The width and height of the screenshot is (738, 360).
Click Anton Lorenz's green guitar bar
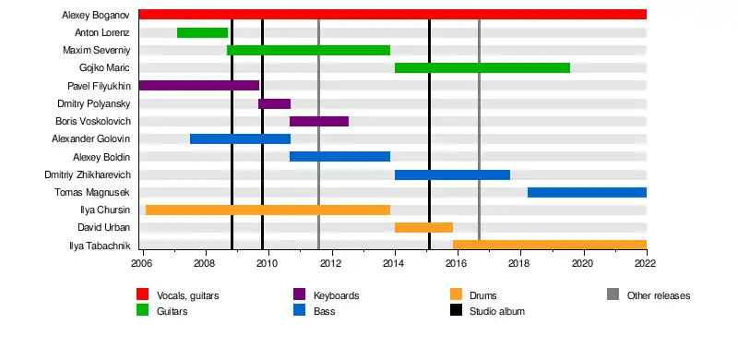[x=202, y=32]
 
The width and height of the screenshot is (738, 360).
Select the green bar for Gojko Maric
[x=482, y=68]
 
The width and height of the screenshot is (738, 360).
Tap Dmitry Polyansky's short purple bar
[x=274, y=103]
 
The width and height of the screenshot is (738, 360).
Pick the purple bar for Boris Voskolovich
[x=319, y=121]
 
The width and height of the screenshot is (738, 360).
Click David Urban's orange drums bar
[x=423, y=228]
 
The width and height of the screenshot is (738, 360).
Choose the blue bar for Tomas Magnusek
[x=587, y=192]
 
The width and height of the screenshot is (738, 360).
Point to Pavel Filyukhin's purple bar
[x=199, y=85]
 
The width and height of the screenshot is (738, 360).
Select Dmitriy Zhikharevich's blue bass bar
[x=452, y=174]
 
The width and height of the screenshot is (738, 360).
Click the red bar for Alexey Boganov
[x=393, y=15]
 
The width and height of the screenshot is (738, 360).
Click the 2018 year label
[x=520, y=263]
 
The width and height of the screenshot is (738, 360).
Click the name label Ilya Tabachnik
[x=100, y=245]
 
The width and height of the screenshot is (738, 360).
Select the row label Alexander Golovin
[x=91, y=139]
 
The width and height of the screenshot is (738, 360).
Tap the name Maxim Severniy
[x=97, y=51]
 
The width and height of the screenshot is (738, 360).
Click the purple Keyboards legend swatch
[x=299, y=294]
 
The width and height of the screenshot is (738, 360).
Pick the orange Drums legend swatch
[x=456, y=294]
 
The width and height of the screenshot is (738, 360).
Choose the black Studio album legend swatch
[x=456, y=310]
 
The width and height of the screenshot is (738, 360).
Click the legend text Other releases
[x=659, y=295]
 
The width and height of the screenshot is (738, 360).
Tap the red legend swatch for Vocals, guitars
[x=143, y=294]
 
